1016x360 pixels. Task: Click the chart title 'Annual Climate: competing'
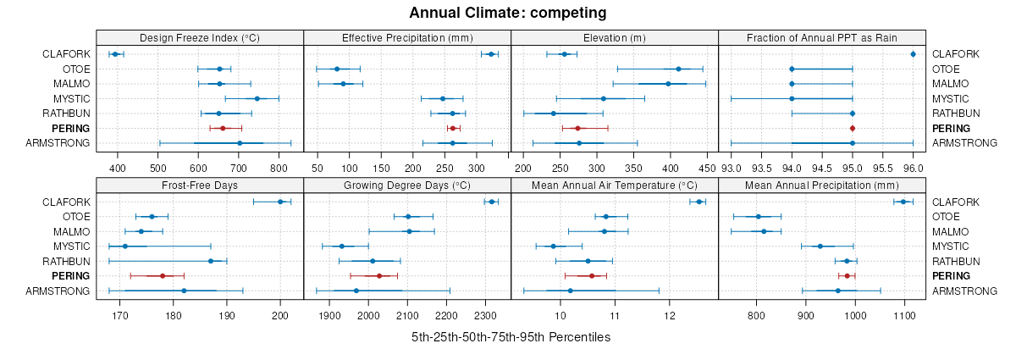(507, 13)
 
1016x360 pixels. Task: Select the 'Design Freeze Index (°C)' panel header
(200, 37)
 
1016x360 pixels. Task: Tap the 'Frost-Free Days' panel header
(200, 185)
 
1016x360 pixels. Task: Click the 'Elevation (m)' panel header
(615, 37)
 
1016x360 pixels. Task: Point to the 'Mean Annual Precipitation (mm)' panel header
(821, 185)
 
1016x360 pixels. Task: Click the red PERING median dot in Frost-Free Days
(163, 276)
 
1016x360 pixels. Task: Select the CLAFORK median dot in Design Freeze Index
(115, 54)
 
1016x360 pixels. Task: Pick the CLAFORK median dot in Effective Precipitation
(491, 54)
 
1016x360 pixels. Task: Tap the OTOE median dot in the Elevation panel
(678, 69)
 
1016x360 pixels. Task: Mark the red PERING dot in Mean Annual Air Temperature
(592, 276)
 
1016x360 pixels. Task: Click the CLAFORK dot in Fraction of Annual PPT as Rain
(913, 54)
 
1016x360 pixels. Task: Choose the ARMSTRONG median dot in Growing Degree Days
(356, 291)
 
